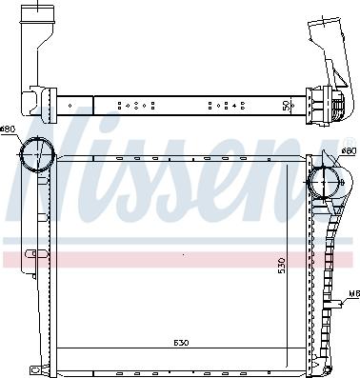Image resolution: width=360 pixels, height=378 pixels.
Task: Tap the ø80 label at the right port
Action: pos(349,150)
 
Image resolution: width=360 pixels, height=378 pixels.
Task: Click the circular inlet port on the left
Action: pos(38,155)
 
